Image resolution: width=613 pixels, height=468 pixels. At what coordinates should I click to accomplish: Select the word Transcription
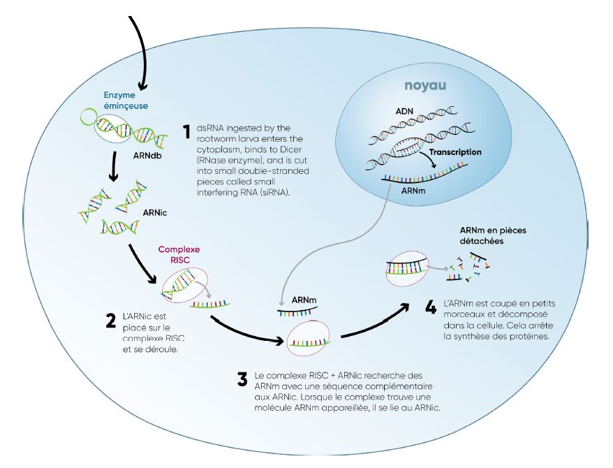(x=456, y=152)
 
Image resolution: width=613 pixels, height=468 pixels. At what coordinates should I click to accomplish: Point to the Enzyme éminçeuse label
(x=116, y=100)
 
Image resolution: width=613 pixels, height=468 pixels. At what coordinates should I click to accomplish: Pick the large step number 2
(x=110, y=321)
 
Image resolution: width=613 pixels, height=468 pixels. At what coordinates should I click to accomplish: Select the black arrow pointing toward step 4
(x=377, y=321)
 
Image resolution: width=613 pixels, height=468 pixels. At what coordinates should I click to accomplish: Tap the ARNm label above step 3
(x=304, y=300)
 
